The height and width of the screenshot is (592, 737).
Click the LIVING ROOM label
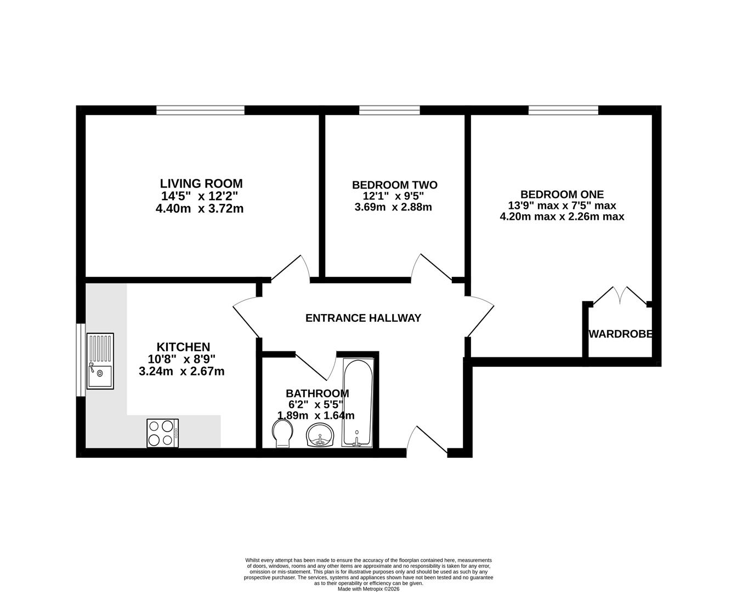[201, 184]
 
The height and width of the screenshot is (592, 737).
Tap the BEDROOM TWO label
[394, 185]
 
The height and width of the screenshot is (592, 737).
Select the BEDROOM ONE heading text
[562, 195]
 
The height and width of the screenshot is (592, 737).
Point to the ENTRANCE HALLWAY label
[363, 318]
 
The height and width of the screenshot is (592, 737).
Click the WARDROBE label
[620, 334]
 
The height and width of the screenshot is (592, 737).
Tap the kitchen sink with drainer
[99, 361]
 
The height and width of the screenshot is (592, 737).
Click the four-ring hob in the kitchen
[162, 433]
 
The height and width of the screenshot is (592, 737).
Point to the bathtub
[358, 402]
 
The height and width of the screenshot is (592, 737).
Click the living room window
[200, 110]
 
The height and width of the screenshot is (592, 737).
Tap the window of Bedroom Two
[389, 110]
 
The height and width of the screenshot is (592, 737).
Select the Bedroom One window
[563, 110]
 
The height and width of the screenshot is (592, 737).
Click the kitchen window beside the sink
[81, 360]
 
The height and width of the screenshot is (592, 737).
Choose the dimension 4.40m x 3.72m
[200, 208]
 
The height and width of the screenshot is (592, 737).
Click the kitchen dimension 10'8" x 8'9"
[182, 360]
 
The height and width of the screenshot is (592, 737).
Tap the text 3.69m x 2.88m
[393, 207]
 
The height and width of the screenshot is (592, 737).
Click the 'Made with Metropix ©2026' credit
[368, 589]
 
